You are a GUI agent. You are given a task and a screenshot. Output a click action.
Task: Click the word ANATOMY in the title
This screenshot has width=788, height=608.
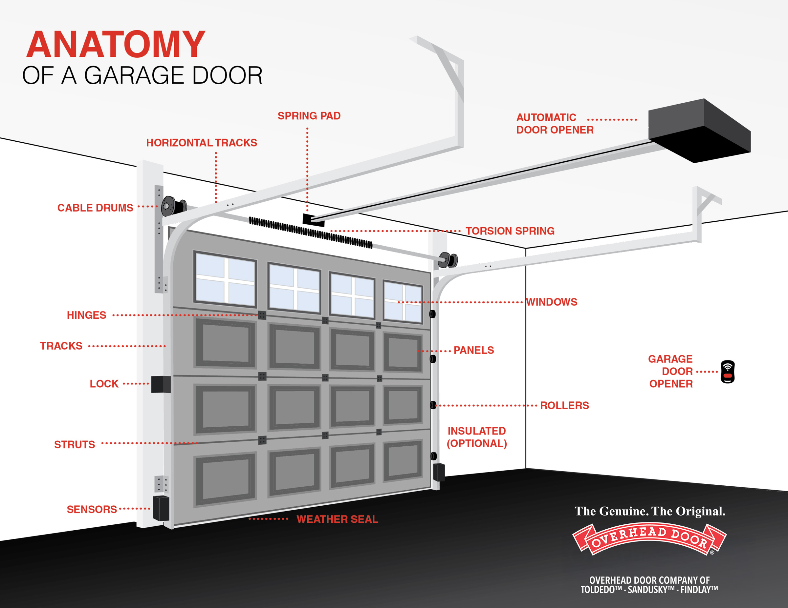[x=116, y=45]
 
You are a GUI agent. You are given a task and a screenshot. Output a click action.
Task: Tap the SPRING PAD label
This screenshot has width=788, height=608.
[x=309, y=116]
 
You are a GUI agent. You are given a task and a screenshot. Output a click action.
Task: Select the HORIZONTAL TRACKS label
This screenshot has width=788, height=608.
[x=201, y=143]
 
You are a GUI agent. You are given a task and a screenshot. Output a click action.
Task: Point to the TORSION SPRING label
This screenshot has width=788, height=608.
[x=510, y=231]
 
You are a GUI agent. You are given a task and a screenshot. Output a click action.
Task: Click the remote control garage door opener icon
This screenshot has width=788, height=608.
[x=727, y=372]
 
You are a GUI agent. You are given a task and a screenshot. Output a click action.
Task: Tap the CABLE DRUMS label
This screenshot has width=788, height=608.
[x=95, y=208]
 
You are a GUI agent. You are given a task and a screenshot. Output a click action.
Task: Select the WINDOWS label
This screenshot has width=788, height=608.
[x=552, y=302]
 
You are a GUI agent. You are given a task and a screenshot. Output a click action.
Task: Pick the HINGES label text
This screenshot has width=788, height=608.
[x=87, y=315]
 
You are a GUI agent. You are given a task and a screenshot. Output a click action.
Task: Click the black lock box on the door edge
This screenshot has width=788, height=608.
[x=161, y=384]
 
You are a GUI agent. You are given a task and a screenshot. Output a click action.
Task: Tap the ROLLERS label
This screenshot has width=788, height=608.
[x=564, y=406]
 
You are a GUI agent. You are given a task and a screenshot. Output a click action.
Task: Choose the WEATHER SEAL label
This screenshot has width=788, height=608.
[x=337, y=519]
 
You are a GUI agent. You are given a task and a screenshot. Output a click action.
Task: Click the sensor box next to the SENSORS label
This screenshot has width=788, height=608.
[x=161, y=508]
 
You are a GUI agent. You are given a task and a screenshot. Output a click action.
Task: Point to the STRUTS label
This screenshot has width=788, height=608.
[x=75, y=445]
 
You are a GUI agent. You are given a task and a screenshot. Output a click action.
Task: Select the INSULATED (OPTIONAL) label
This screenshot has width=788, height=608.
[x=477, y=437]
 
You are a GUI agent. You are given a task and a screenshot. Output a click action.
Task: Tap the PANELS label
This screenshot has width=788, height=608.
[x=473, y=350]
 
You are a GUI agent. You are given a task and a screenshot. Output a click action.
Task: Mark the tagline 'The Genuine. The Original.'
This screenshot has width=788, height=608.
[x=650, y=511]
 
